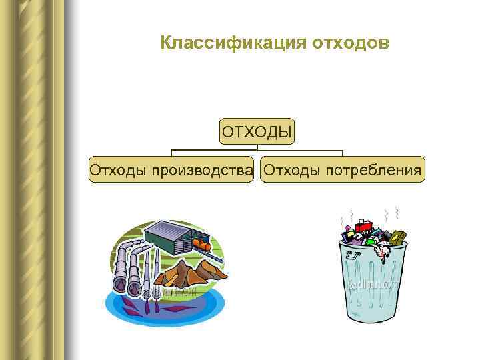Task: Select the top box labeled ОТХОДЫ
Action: click(257, 131)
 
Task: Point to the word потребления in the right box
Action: click(373, 170)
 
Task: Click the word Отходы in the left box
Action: click(118, 170)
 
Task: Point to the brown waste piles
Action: click(193, 272)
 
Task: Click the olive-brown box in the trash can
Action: click(397, 238)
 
